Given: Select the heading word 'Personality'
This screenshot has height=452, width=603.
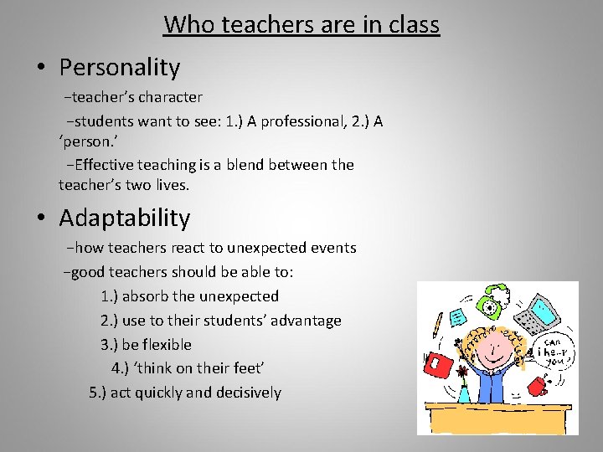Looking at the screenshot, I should [x=119, y=67].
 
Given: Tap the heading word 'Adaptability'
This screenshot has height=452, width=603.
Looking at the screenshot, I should [x=124, y=218].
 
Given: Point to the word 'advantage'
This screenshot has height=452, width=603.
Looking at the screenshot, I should [x=307, y=321].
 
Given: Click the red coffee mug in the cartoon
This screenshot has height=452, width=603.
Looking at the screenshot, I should [x=538, y=388].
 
